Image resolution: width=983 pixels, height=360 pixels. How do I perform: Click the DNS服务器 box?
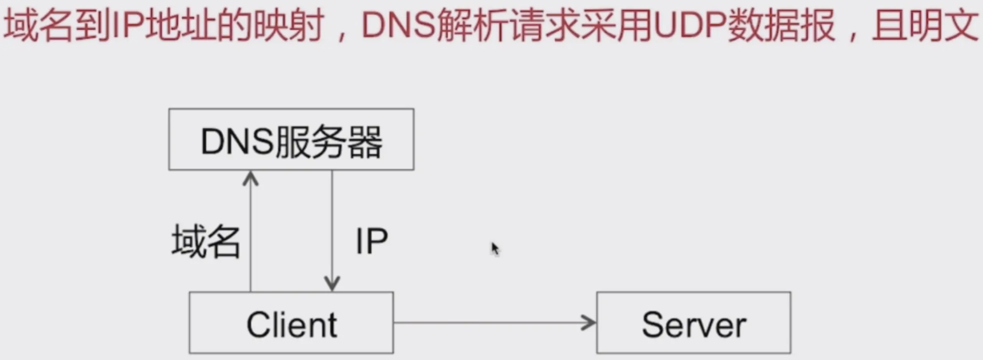pos(291,139)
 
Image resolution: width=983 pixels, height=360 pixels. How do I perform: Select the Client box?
pos(291,323)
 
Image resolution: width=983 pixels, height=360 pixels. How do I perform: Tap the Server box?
pos(693,323)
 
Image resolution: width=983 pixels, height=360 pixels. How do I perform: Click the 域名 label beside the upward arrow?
pos(206,241)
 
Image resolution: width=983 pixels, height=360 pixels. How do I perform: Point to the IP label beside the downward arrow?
pos(371,241)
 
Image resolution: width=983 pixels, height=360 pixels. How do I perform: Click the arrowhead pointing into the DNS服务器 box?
pos(251,178)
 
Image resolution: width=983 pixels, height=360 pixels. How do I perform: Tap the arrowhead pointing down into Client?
pos(332,284)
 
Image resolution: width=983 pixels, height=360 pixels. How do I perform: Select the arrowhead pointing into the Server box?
pos(589,323)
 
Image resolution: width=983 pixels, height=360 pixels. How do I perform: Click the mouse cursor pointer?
pos(495,248)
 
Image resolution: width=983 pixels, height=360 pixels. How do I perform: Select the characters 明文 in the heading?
pos(944,25)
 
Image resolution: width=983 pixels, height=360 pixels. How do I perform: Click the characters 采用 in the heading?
pos(618,25)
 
